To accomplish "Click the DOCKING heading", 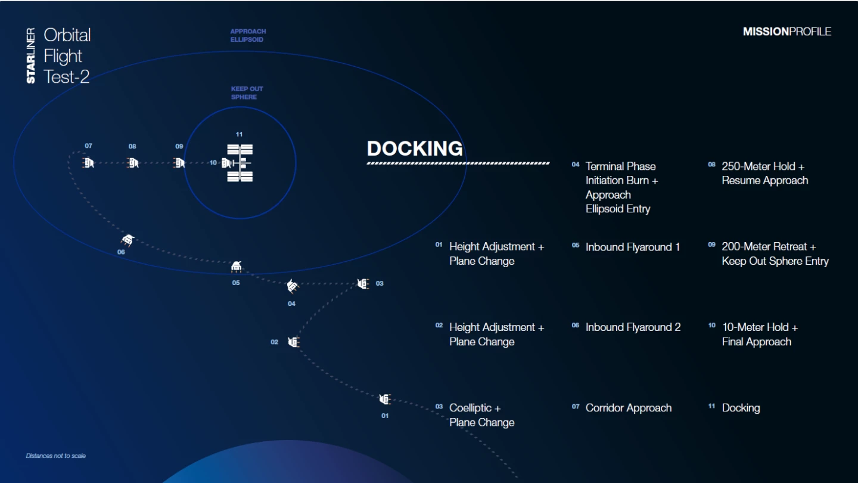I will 415,148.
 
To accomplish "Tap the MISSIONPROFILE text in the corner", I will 786,32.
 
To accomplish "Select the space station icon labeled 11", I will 240,162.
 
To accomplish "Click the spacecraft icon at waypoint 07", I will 88,162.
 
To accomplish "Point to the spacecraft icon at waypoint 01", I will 385,399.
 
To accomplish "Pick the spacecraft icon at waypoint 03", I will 363,284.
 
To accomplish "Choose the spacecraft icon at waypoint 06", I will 127,240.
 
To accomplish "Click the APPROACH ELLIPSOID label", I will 248,35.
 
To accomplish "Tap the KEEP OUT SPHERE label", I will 247,93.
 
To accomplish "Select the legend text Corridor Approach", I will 628,408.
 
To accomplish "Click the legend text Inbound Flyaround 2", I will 633,327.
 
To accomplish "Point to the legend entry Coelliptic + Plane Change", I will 481,415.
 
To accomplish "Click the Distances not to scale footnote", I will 56,456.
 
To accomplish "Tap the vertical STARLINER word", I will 31,55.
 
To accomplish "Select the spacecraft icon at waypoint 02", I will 293,342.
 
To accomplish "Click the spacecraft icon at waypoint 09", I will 179,162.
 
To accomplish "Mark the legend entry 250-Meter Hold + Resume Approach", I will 764,173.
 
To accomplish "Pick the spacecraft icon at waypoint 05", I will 236,267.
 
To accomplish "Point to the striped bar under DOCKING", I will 458,162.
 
